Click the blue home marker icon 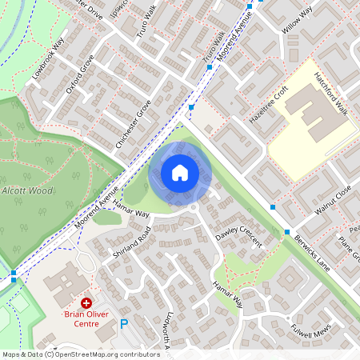[x=180, y=172]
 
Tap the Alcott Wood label [x=26, y=190]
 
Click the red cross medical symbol [x=86, y=304]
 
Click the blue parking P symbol [x=123, y=325]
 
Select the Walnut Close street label [x=333, y=201]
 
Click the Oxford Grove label [x=80, y=74]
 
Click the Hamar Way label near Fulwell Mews [x=227, y=295]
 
